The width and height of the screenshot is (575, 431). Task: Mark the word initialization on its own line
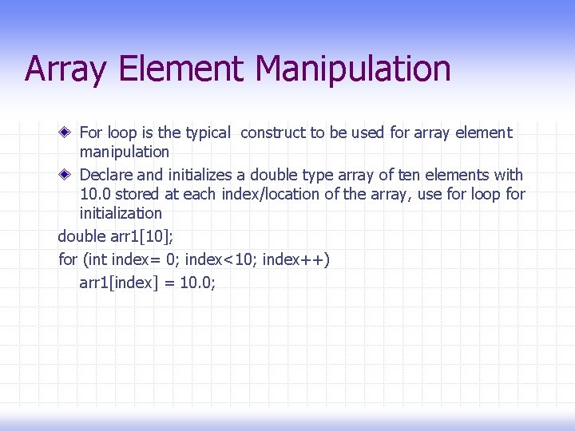[121, 214]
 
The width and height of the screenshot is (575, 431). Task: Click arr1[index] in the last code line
[117, 283]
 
